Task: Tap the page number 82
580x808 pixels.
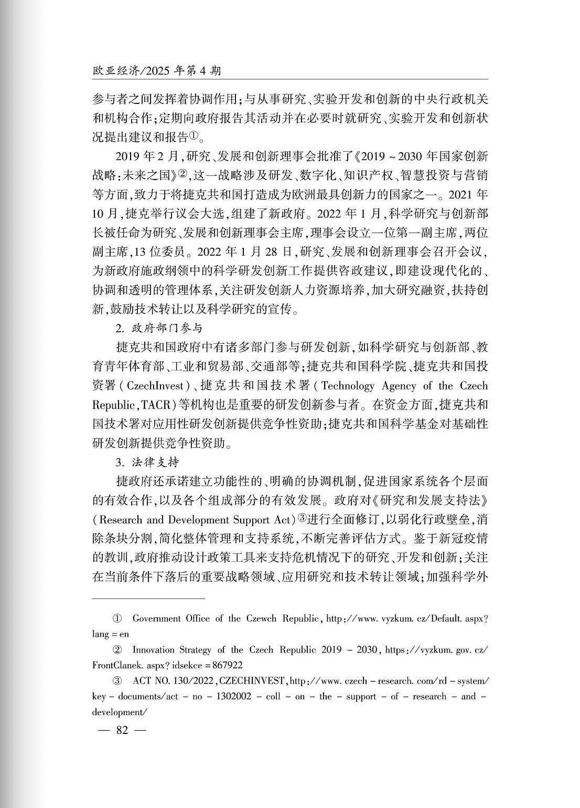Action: tap(122, 730)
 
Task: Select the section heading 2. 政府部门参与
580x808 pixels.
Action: tap(159, 329)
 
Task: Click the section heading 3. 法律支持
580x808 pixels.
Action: tap(147, 463)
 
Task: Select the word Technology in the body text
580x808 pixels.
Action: tap(348, 386)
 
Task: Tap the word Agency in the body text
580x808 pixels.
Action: tap(399, 386)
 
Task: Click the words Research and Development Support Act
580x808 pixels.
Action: tap(194, 520)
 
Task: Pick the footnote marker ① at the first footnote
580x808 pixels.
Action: tap(117, 618)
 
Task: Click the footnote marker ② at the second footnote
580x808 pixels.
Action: tap(117, 650)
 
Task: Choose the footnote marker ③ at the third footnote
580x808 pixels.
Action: tap(117, 681)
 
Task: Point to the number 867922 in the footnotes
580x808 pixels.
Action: tap(227, 665)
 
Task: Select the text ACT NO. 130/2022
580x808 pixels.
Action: tap(168, 681)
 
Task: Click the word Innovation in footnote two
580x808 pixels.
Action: tap(153, 650)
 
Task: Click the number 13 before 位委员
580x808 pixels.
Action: tap(146, 252)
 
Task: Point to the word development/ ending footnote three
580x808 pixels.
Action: tap(117, 712)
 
